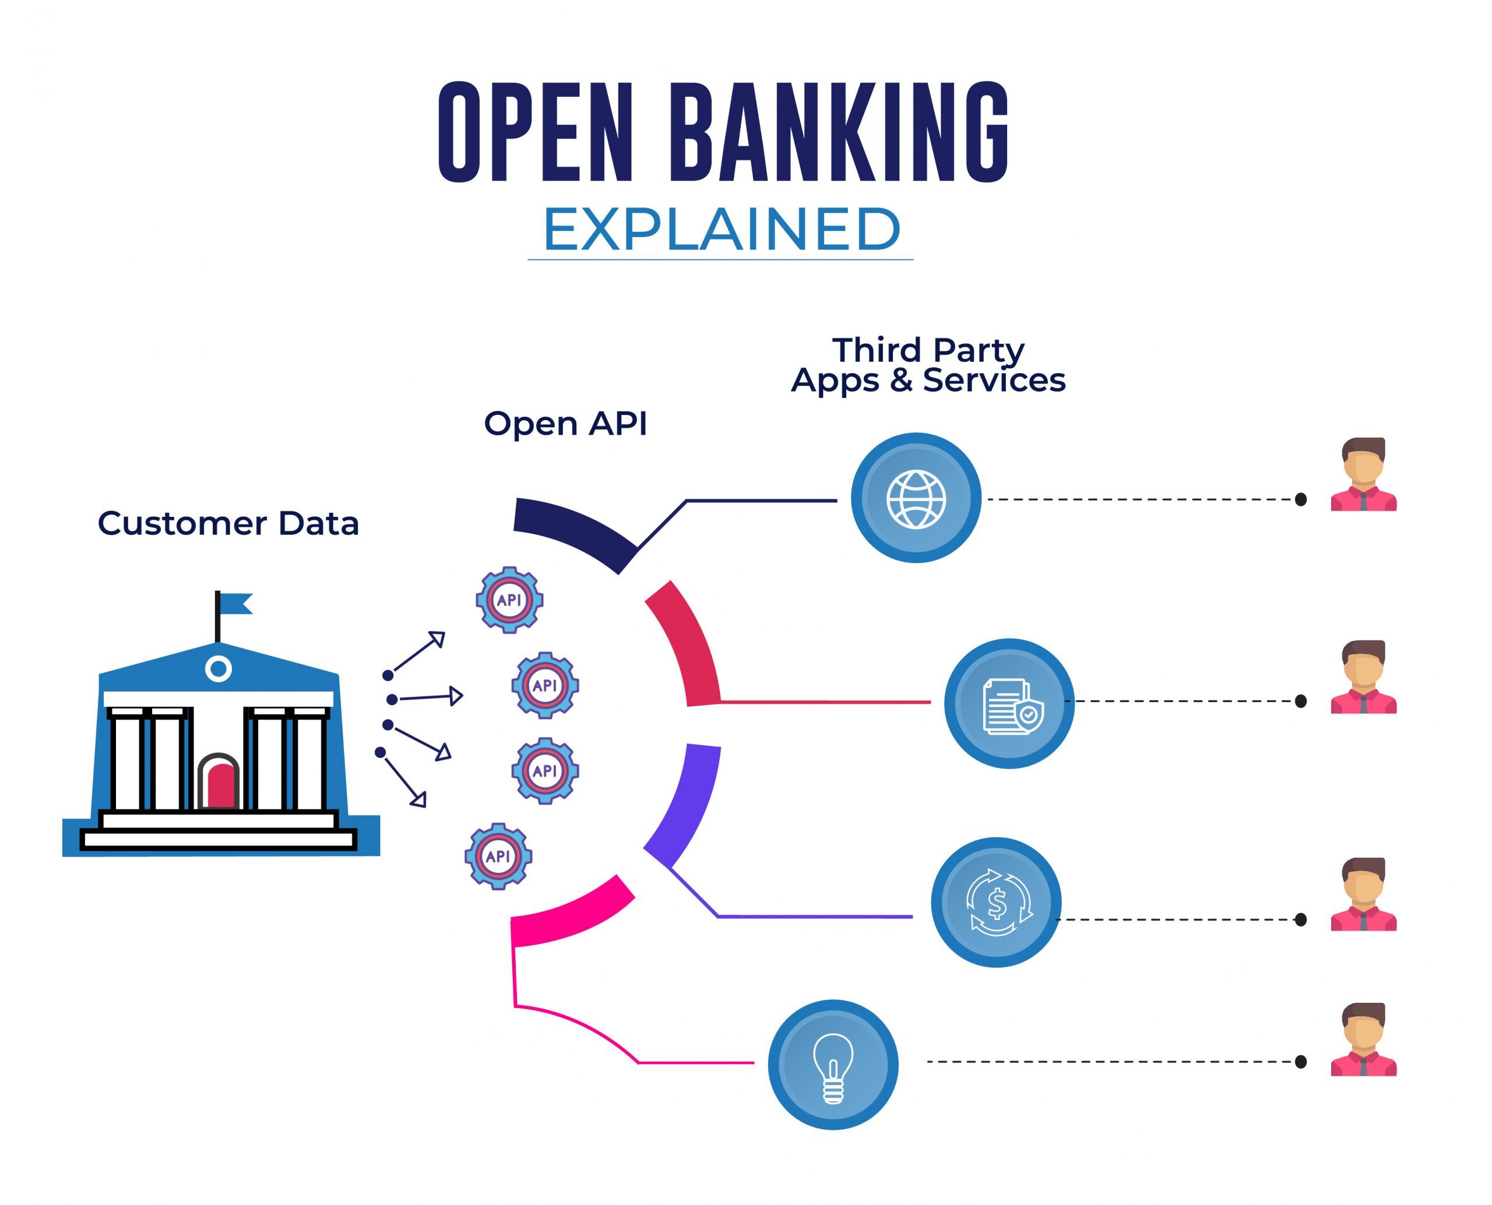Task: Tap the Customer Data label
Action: pyautogui.click(x=228, y=523)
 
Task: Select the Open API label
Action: pyautogui.click(x=565, y=424)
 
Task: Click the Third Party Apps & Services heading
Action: pyautogui.click(x=928, y=365)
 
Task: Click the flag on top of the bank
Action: pyautogui.click(x=236, y=603)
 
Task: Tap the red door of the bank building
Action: pyautogui.click(x=219, y=787)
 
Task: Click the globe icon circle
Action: pyautogui.click(x=916, y=498)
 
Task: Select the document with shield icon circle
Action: pyautogui.click(x=1009, y=704)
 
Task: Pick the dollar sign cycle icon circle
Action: pyautogui.click(x=995, y=903)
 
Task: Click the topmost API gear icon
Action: pyautogui.click(x=509, y=600)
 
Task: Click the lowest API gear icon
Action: pyautogui.click(x=498, y=857)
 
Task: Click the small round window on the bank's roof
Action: pyautogui.click(x=218, y=669)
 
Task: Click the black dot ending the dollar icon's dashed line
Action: pyautogui.click(x=1300, y=919)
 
